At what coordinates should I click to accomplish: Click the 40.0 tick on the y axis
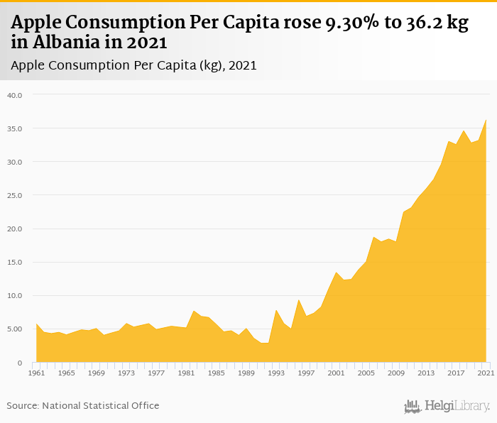click(x=15, y=95)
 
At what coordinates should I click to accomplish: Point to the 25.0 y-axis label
click(x=15, y=195)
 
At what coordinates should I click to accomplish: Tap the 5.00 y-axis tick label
click(x=15, y=329)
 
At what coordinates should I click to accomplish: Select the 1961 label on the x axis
click(x=36, y=373)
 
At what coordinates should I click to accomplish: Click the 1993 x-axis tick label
click(x=276, y=373)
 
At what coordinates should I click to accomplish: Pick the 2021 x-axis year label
click(x=486, y=373)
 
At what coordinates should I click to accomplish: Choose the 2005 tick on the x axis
click(x=366, y=373)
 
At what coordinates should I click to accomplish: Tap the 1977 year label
click(x=156, y=373)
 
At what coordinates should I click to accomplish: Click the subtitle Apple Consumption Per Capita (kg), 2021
click(x=134, y=65)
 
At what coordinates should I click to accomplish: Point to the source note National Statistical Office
click(x=83, y=405)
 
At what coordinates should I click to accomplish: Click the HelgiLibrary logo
click(x=447, y=406)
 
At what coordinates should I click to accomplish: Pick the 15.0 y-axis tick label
click(x=15, y=263)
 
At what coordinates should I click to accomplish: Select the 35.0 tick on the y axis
click(x=15, y=128)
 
